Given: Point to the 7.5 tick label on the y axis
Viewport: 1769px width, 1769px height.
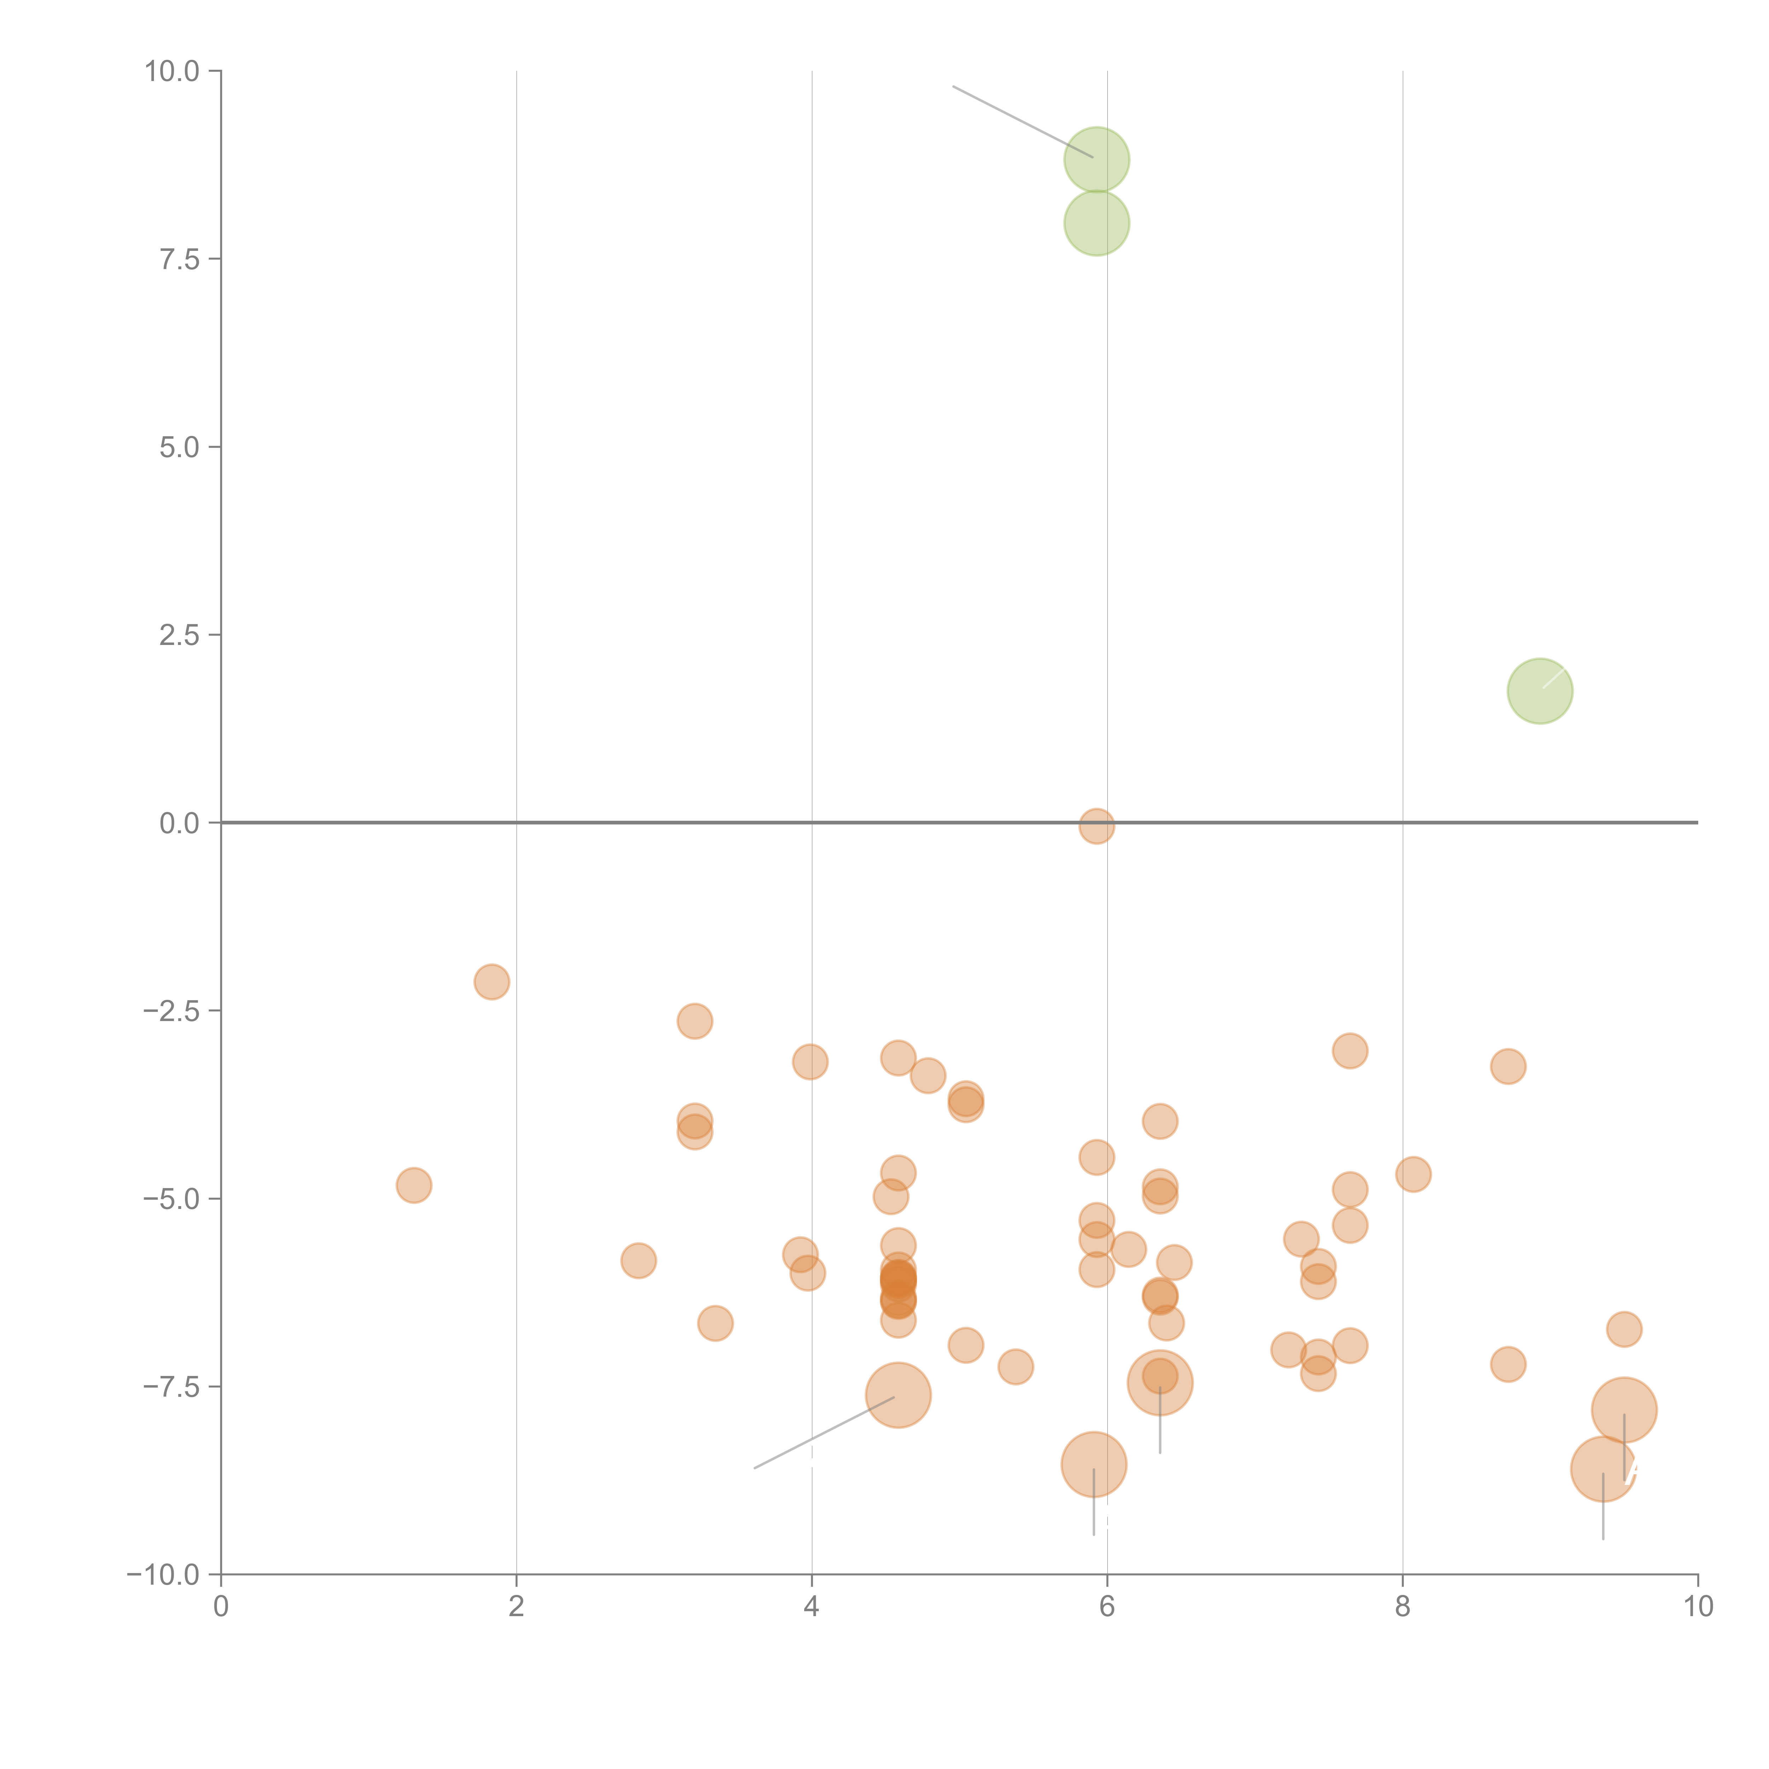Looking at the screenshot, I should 179,259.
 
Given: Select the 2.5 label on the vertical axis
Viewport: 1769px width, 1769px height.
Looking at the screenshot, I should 179,634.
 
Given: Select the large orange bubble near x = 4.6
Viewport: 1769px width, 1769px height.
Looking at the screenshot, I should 898,1395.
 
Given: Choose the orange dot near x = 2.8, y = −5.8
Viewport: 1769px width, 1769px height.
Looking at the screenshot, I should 638,1261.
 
